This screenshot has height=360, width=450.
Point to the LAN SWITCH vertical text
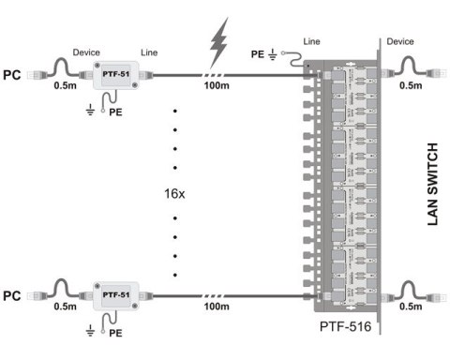tap(432, 184)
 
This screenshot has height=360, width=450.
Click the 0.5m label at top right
tap(411, 87)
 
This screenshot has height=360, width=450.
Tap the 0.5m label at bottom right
tap(411, 307)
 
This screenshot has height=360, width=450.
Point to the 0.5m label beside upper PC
tap(65, 87)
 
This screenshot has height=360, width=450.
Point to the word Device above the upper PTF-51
tap(86, 52)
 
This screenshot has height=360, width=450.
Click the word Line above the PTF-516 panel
tap(312, 43)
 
